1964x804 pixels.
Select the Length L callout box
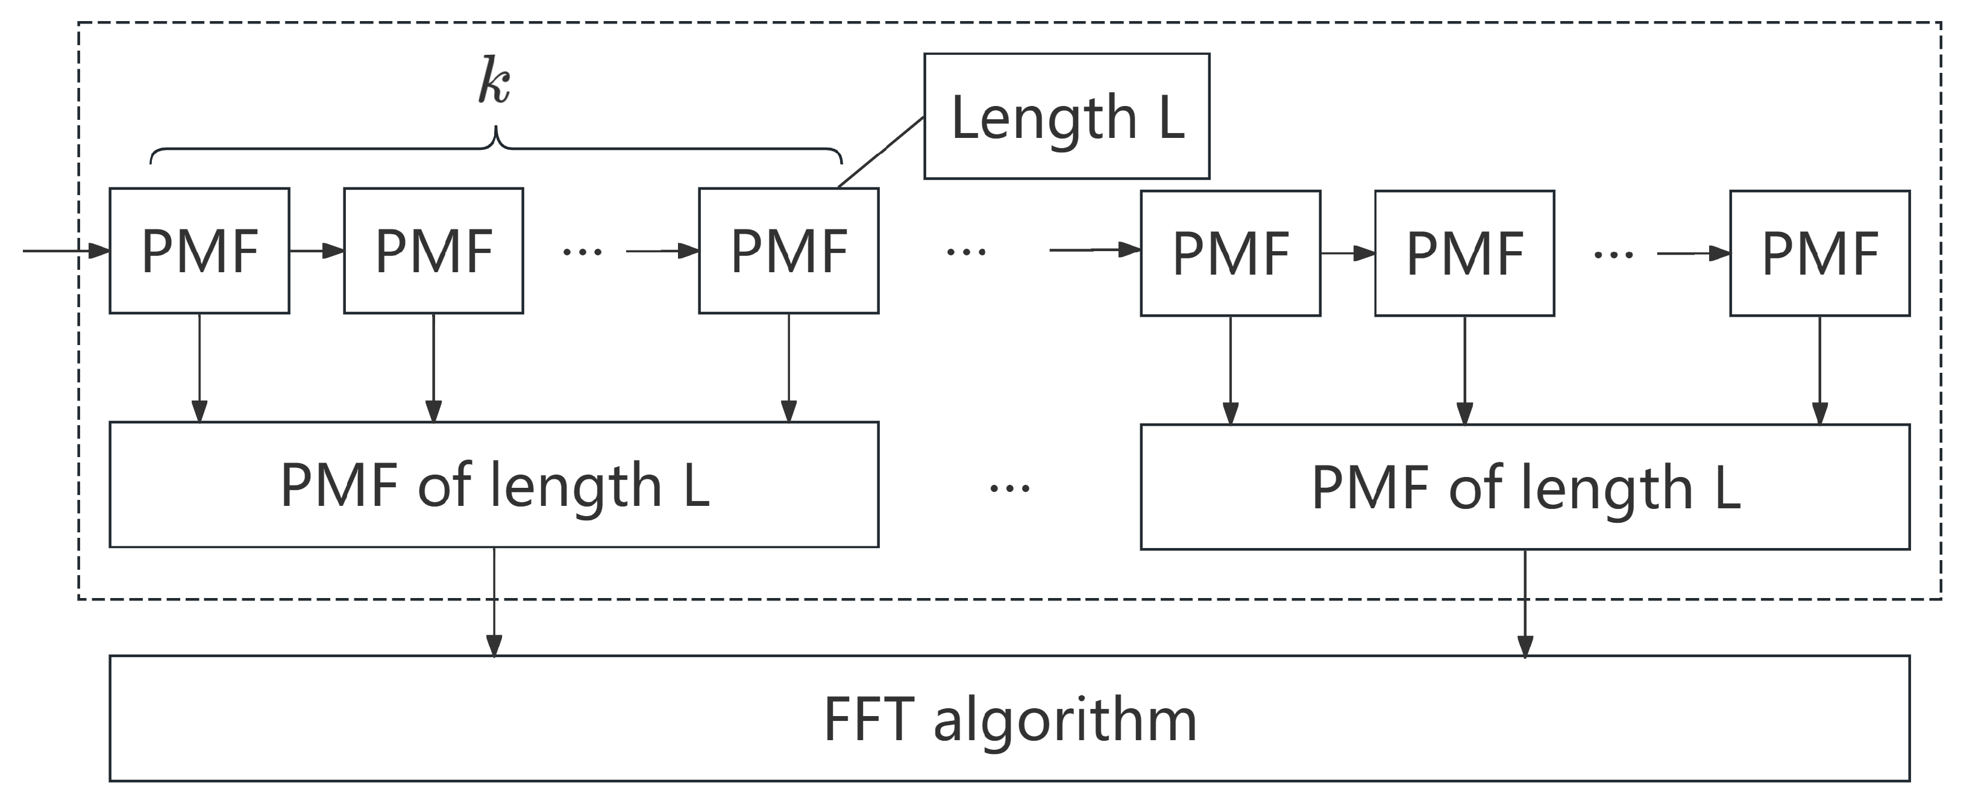coord(1066,116)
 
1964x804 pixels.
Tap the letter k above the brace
coord(494,83)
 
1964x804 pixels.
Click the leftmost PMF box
coord(199,251)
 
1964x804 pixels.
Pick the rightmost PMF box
coord(1819,253)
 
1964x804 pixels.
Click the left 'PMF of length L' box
coord(494,485)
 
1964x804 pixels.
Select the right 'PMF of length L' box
coord(1525,487)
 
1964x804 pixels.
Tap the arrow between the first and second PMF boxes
coord(316,251)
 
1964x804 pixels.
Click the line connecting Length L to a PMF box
coord(880,152)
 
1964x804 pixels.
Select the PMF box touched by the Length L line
coord(788,251)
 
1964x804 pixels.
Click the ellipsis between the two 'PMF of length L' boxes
coord(1009,488)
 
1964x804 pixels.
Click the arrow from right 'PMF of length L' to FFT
coord(1525,602)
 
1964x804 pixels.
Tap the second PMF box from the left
coord(433,251)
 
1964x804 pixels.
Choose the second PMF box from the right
coord(1464,253)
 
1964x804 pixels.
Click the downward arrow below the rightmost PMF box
coord(1820,370)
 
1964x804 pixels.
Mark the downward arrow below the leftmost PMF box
coord(199,367)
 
